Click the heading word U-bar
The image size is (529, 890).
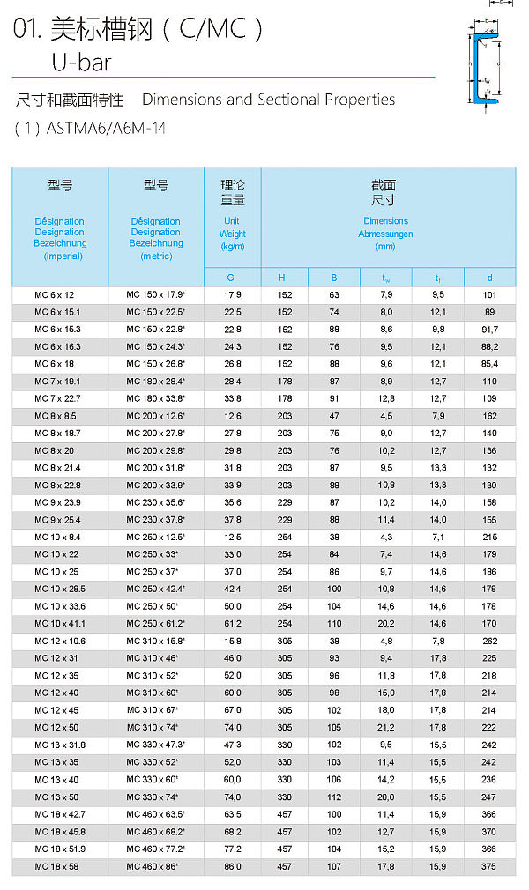point(81,62)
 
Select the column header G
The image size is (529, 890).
point(232,278)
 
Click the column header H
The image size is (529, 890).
point(284,278)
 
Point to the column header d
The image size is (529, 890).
point(489,278)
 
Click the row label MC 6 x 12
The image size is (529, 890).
point(55,294)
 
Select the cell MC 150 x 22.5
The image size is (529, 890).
point(155,312)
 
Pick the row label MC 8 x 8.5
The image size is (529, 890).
point(55,416)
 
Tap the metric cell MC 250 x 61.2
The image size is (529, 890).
point(155,624)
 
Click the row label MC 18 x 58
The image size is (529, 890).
point(55,866)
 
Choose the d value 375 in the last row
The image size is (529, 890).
point(489,866)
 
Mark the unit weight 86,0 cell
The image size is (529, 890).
point(232,866)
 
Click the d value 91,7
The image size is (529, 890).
point(489,330)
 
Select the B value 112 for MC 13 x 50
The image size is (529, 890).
point(334,797)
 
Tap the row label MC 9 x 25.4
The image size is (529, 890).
point(57,520)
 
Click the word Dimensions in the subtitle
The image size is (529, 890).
point(175,100)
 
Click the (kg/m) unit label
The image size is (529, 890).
point(232,247)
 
